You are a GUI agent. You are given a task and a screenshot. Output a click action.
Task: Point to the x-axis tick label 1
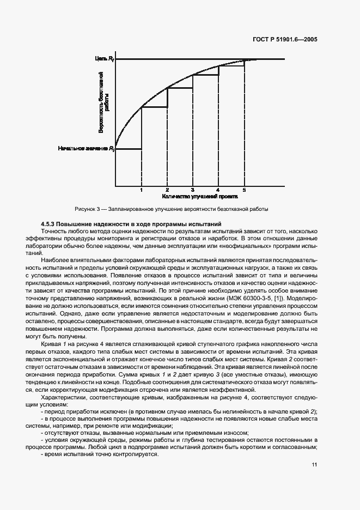pos(141,190)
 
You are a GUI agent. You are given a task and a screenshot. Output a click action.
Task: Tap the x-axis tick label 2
pos(167,190)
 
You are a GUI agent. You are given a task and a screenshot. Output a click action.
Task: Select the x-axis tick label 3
pos(193,190)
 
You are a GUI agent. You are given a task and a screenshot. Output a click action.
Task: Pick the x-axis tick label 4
pos(218,190)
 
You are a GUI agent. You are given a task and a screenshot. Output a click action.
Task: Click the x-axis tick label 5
pos(244,190)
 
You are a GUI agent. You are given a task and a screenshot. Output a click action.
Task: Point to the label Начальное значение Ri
pos(86,148)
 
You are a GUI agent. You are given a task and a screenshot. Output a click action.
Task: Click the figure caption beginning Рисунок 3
pos(171,209)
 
